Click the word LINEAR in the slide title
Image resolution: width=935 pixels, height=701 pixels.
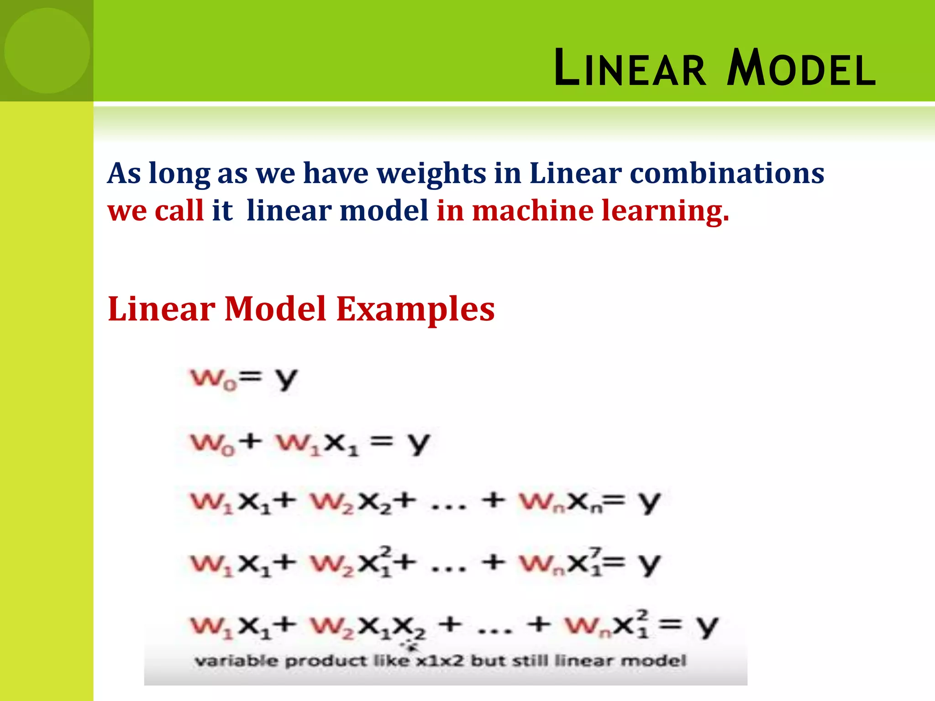coord(630,68)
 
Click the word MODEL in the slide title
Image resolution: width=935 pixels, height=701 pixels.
coord(802,68)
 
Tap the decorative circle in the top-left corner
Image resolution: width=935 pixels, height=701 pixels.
coord(47,51)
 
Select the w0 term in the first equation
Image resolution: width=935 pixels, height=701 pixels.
coord(213,379)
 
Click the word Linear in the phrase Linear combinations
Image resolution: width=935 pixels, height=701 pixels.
coord(575,174)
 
